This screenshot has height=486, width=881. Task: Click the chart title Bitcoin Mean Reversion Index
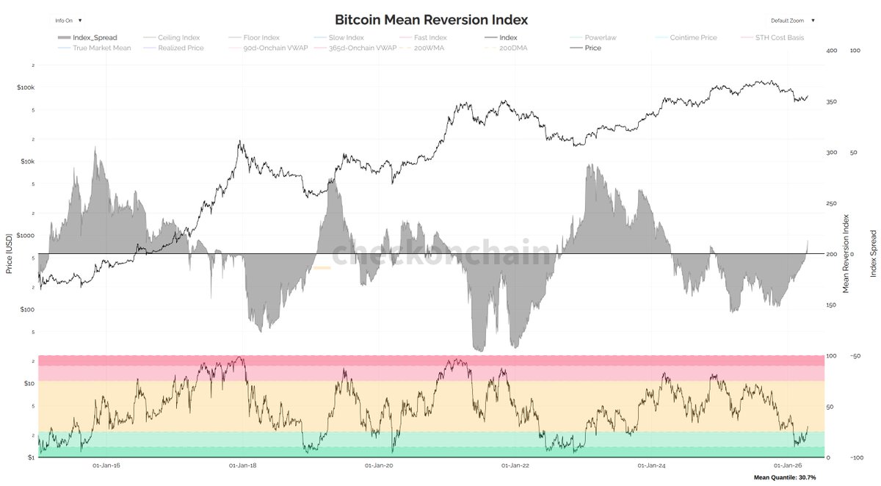(431, 20)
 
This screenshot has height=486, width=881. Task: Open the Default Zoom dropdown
(792, 21)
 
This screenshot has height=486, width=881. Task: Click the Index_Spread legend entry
(95, 37)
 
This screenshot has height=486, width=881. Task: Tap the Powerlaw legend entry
(600, 37)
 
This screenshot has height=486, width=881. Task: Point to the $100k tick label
(25, 87)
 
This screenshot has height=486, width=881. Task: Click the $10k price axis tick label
(26, 162)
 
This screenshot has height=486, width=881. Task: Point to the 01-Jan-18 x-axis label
(243, 465)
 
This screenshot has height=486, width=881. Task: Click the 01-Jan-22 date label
(515, 465)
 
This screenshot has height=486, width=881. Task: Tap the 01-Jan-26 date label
(788, 465)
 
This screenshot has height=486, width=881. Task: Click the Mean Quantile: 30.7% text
(785, 478)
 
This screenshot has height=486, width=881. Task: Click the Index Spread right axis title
(873, 254)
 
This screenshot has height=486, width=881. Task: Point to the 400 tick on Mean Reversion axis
(832, 51)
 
